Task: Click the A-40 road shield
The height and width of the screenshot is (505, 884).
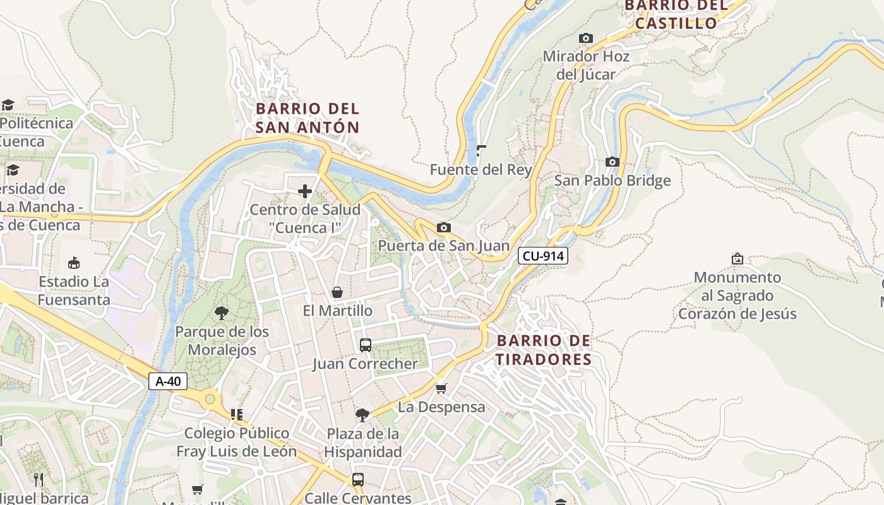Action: tap(168, 381)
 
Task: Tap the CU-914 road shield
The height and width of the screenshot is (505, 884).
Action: tap(543, 256)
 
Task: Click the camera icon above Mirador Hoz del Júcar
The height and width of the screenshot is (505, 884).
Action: tap(586, 38)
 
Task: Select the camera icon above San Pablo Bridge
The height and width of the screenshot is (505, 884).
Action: tap(612, 162)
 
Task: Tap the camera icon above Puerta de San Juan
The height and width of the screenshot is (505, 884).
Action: tap(444, 227)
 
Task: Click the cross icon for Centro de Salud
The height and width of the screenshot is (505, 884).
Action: tap(305, 191)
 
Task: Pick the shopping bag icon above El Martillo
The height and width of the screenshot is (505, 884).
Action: tap(337, 292)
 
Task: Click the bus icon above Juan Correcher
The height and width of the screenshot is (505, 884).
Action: tap(365, 345)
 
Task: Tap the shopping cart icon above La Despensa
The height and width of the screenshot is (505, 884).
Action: tap(441, 388)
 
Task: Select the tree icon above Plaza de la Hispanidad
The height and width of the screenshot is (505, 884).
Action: tap(362, 415)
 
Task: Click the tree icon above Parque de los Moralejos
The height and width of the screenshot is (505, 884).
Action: tap(221, 312)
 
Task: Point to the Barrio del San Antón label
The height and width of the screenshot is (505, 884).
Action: tap(308, 118)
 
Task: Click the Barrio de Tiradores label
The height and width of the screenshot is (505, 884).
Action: tap(544, 350)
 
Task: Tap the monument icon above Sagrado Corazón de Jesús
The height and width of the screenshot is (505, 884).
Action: tap(737, 258)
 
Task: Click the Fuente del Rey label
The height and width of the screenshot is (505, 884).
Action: tap(481, 170)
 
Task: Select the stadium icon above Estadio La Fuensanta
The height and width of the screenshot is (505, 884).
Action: tap(73, 263)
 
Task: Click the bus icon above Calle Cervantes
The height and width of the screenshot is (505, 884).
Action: tap(358, 479)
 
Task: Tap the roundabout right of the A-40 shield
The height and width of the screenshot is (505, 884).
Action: tap(210, 399)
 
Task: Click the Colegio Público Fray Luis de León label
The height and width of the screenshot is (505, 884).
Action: tap(236, 442)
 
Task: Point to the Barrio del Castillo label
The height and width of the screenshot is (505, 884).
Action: tap(676, 15)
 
